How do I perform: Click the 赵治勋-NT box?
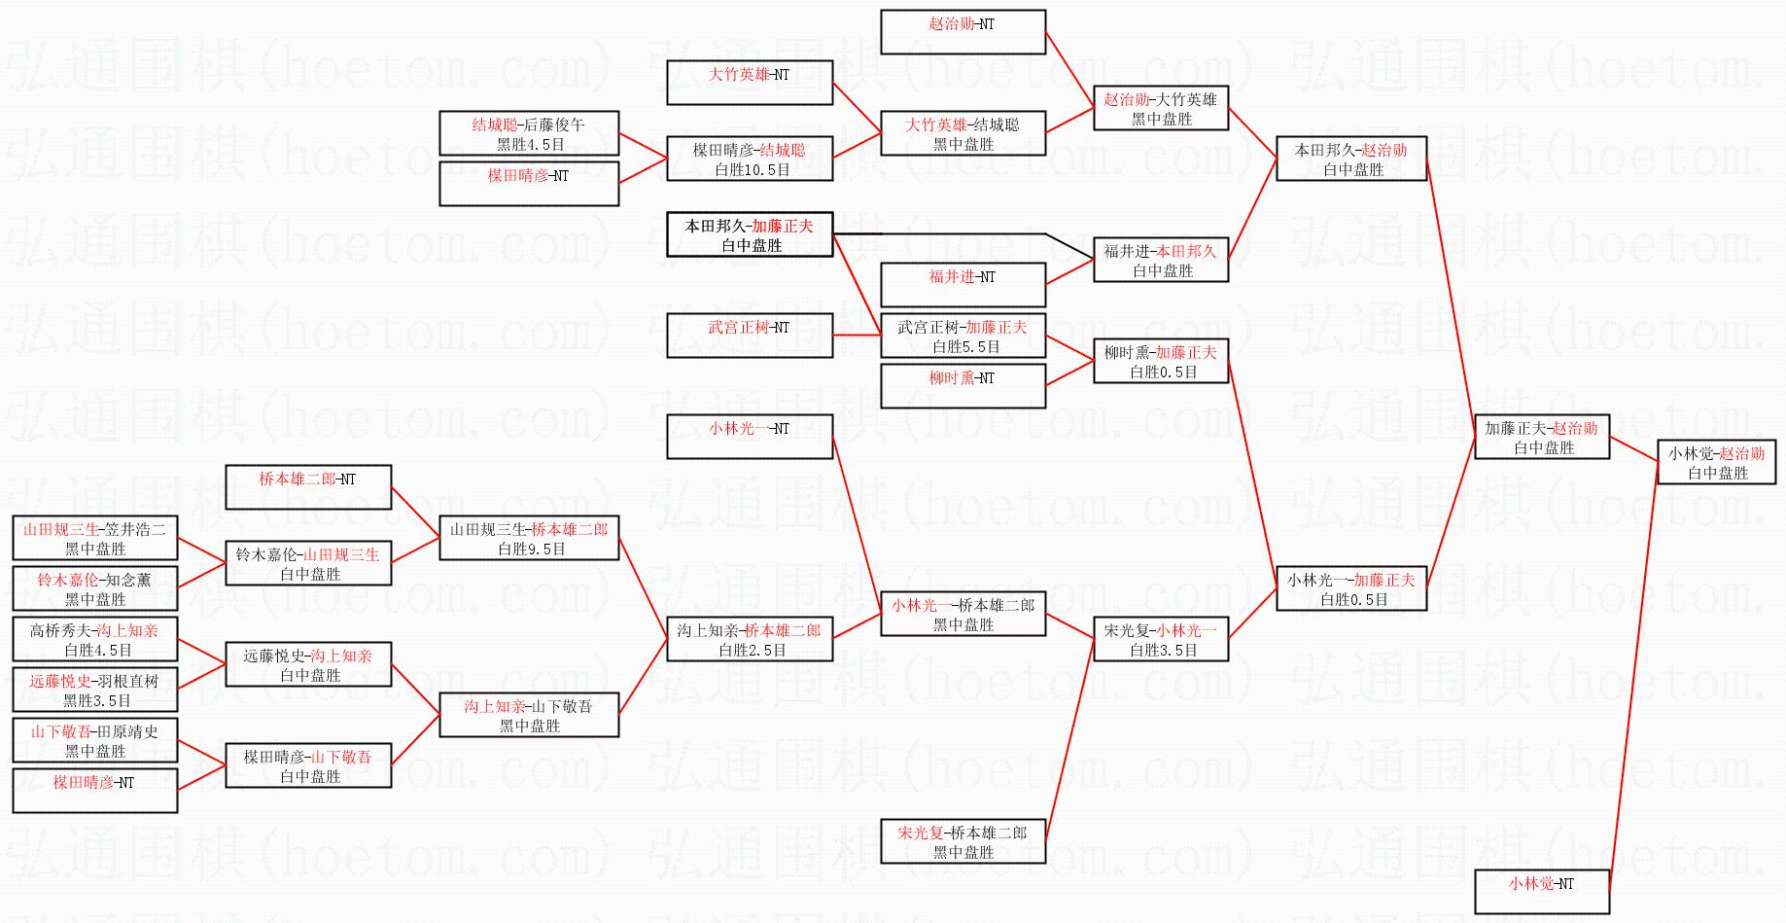(963, 32)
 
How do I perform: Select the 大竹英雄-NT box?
(749, 83)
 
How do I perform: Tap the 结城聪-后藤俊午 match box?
(529, 133)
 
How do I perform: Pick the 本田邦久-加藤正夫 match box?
(749, 234)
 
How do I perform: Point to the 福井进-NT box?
(963, 285)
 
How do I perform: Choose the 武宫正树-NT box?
(749, 336)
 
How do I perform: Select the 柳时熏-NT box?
(963, 386)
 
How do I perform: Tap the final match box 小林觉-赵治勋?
(1717, 462)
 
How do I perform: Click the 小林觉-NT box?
(1542, 892)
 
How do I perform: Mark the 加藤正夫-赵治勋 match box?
(1542, 437)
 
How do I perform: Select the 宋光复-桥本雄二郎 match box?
(963, 841)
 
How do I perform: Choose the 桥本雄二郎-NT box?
(308, 487)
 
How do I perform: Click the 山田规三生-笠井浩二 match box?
(95, 538)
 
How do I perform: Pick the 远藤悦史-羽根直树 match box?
(95, 690)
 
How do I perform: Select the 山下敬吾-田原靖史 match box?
(95, 740)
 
